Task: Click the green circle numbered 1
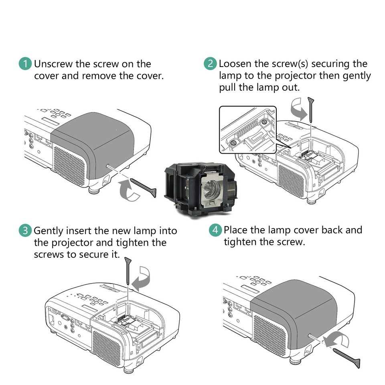pyautogui.click(x=26, y=64)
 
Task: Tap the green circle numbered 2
pyautogui.click(x=210, y=64)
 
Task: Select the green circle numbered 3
pyautogui.click(x=25, y=231)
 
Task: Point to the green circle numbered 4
pyautogui.click(x=215, y=230)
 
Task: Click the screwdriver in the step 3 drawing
pyautogui.click(x=127, y=270)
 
